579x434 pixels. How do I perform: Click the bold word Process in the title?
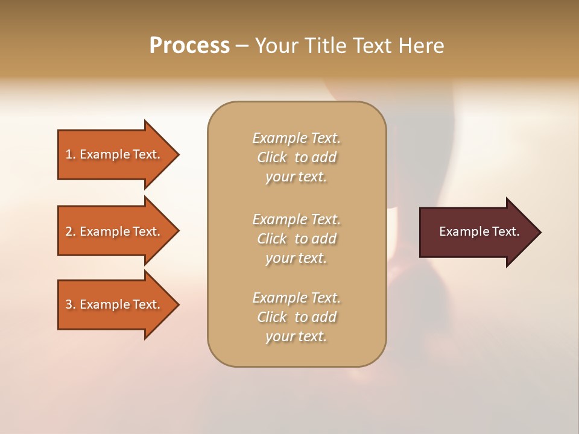pyautogui.click(x=189, y=46)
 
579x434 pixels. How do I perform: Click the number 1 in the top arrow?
pyautogui.click(x=69, y=154)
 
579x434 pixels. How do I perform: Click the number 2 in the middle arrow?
pyautogui.click(x=69, y=231)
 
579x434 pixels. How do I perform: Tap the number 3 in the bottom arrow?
pyautogui.click(x=69, y=304)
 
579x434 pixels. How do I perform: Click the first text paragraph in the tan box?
pyautogui.click(x=296, y=157)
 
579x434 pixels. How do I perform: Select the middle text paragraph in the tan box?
pyautogui.click(x=296, y=239)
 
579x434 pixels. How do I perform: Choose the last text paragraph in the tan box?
pyautogui.click(x=296, y=317)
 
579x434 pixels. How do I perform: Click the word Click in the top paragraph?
pyautogui.click(x=272, y=157)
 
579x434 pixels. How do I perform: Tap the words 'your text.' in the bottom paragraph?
pyautogui.click(x=296, y=336)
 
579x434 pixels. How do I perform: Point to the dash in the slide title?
pyautogui.click(x=242, y=46)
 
